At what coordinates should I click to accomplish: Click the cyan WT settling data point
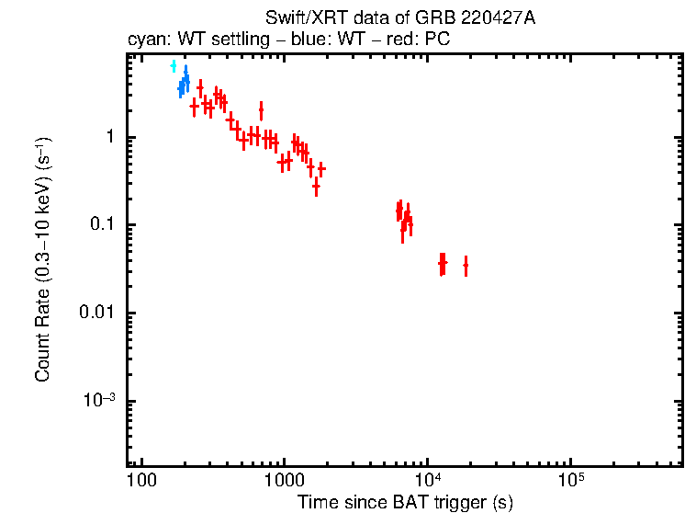(x=173, y=66)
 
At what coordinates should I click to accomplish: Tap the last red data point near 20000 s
(x=466, y=265)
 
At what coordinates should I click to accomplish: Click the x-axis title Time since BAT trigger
(x=405, y=503)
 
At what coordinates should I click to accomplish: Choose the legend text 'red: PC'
(x=409, y=40)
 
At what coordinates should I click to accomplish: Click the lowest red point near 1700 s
(x=316, y=187)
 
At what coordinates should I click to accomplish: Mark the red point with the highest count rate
(x=200, y=88)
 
